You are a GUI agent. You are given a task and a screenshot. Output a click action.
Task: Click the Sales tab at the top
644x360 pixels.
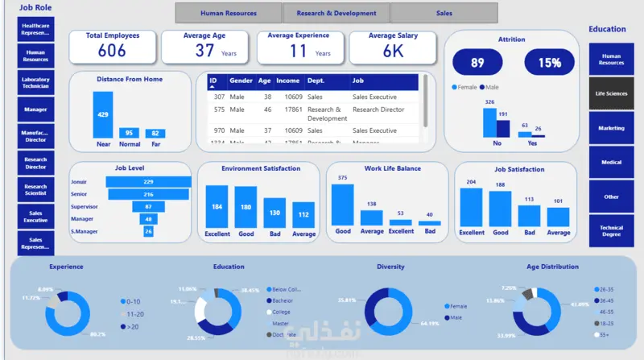[x=444, y=13]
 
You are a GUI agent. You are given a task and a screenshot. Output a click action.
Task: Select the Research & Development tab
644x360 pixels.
[x=336, y=13]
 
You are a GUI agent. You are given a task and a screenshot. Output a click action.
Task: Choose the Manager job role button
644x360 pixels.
[x=35, y=109]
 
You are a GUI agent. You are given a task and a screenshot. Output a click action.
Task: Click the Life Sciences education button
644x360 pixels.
[x=611, y=93]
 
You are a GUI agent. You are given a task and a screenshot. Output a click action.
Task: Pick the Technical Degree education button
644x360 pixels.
[x=611, y=231]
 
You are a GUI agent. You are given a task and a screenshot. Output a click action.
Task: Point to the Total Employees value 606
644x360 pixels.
[x=112, y=51]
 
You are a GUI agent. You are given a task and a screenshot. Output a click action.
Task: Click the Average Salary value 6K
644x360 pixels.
[x=393, y=51]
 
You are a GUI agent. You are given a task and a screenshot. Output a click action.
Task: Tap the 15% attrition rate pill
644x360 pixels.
[x=550, y=63]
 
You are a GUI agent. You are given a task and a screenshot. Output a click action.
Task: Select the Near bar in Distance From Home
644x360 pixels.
[x=103, y=114]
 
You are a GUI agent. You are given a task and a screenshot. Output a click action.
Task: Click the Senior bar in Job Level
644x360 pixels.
[x=148, y=194]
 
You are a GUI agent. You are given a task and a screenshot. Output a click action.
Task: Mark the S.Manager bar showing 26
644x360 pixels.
[x=148, y=231]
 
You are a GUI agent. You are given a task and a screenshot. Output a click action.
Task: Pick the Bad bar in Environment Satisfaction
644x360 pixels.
[x=275, y=213]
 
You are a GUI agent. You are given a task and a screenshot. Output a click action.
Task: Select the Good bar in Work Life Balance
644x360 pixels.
[x=342, y=205]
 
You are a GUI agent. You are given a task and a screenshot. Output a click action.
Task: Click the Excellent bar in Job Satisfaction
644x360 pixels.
[x=471, y=208]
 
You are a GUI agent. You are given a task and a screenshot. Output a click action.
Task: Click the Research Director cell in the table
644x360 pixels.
[x=378, y=110]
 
